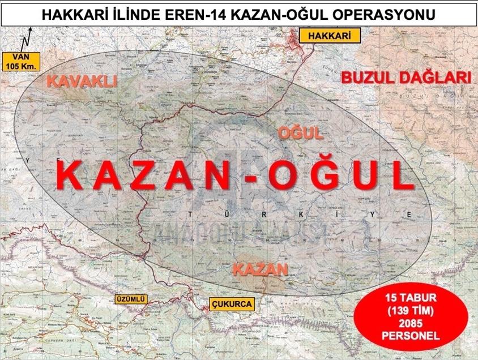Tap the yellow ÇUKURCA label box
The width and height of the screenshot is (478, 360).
point(231,304)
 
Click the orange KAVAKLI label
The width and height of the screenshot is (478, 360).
point(82,82)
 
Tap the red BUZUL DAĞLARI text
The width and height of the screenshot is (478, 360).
point(406,78)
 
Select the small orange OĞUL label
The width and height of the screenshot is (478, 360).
point(300,134)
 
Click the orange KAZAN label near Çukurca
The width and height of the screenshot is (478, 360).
point(260,270)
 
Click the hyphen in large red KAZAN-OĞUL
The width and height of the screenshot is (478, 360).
point(252,178)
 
